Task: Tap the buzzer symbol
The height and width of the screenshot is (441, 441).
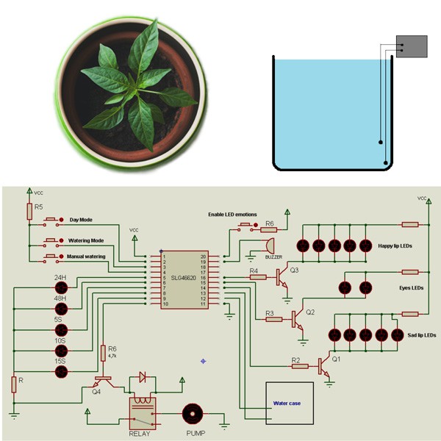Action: click(268, 245)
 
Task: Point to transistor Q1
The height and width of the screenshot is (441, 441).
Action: click(324, 365)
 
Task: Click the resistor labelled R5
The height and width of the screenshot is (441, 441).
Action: click(29, 211)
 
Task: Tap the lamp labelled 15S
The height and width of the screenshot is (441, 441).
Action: click(61, 372)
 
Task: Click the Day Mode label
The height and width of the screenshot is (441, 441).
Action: click(85, 219)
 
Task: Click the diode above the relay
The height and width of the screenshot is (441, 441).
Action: click(143, 378)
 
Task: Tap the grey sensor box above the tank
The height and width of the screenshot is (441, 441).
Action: click(411, 47)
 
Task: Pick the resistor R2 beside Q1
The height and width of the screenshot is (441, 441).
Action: click(298, 365)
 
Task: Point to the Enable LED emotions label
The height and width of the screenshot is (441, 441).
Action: click(232, 215)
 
